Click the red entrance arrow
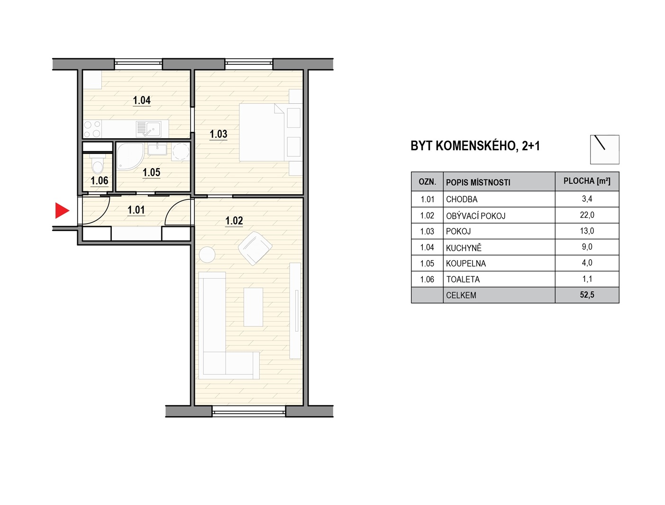click(x=62, y=210)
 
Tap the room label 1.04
click(x=142, y=100)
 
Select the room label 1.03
click(x=219, y=134)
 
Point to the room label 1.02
click(x=234, y=221)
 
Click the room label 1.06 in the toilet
click(x=100, y=181)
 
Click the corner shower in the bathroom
click(x=130, y=155)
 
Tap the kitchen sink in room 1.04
click(x=149, y=129)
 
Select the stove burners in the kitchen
click(x=92, y=129)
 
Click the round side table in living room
click(x=207, y=254)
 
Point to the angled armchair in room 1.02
click(x=255, y=248)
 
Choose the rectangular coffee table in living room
click(x=253, y=307)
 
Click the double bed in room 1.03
click(x=262, y=132)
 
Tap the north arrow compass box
click(x=604, y=150)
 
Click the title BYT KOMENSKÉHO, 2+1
click(x=475, y=146)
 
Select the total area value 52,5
click(x=587, y=295)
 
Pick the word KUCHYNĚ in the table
click(x=464, y=248)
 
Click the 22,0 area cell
click(x=587, y=215)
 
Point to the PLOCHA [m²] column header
click(x=587, y=181)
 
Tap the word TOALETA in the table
click(x=463, y=280)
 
